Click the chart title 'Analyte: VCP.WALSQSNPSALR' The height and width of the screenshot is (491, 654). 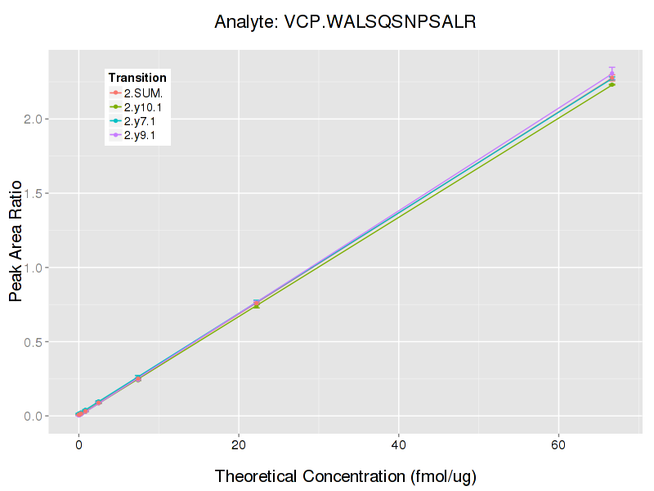click(345, 22)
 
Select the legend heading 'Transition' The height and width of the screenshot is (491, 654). click(137, 78)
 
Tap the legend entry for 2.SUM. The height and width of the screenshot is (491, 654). click(143, 92)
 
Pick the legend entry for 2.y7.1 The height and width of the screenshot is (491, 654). click(143, 121)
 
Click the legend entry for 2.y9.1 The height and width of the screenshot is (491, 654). click(143, 136)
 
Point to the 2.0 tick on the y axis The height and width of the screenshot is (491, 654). click(34, 119)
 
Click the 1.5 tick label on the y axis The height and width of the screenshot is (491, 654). click(34, 194)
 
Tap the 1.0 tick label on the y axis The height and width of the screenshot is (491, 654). click(34, 268)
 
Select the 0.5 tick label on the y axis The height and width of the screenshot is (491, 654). click(34, 342)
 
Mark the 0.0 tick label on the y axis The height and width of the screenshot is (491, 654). click(34, 417)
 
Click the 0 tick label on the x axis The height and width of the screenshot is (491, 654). click(78, 444)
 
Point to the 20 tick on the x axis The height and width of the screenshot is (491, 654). click(238, 444)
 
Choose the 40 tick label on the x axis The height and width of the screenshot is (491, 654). click(398, 444)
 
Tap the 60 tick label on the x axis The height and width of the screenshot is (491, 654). click(558, 444)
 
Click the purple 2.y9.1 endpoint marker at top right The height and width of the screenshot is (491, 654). click(611, 74)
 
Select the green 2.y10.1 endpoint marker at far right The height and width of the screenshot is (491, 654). click(611, 84)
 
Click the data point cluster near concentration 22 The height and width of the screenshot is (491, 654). click(256, 304)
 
